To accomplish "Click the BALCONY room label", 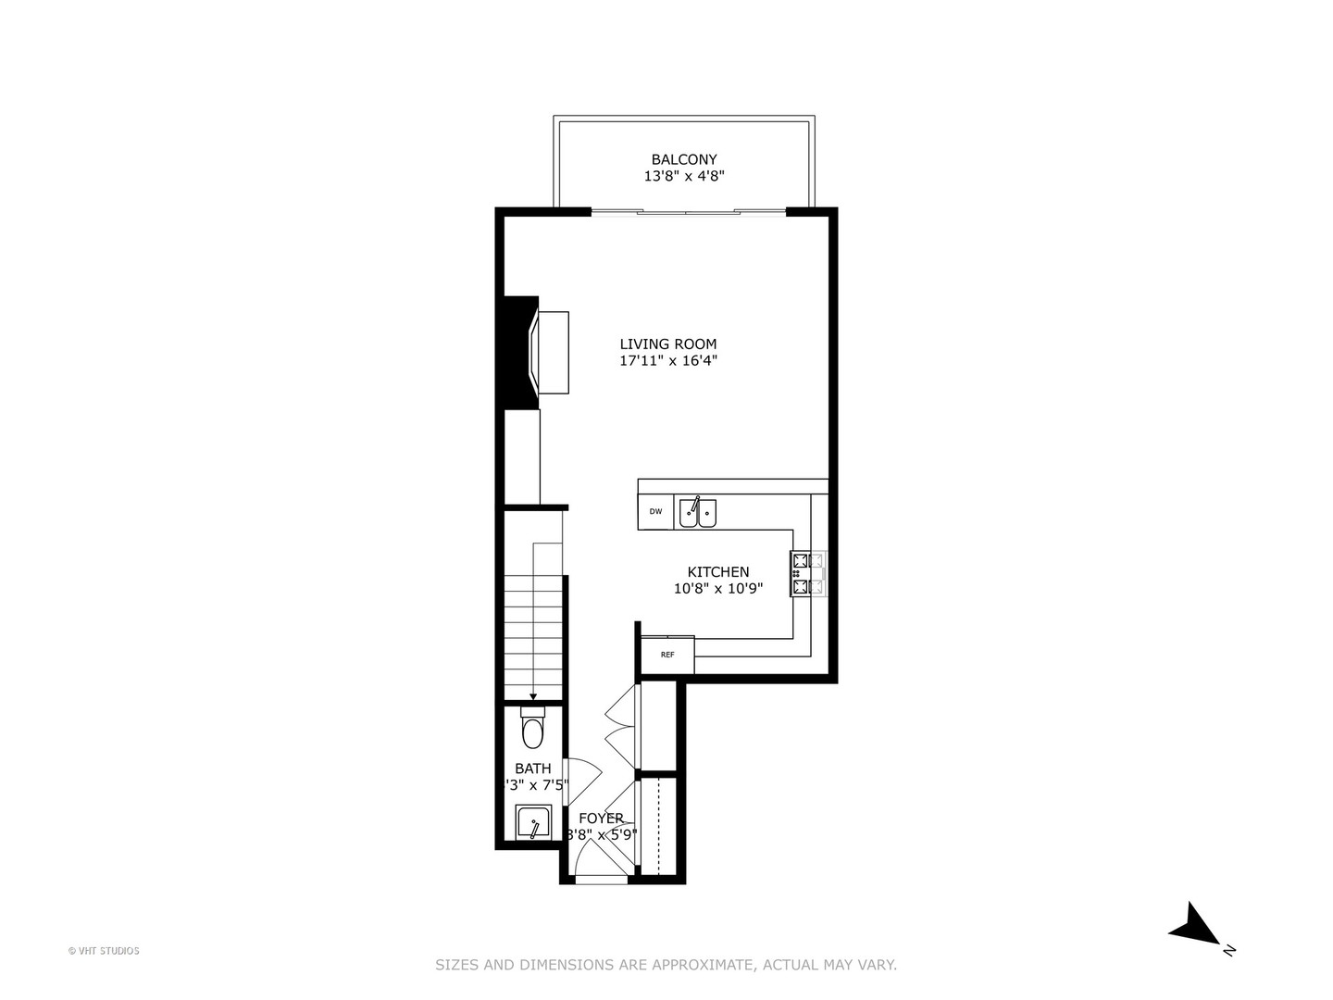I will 683,159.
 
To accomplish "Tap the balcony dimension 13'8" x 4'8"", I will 683,176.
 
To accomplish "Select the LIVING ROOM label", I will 667,344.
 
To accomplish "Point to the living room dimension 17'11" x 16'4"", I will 668,361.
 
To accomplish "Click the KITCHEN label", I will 717,572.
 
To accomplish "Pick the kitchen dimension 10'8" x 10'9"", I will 717,588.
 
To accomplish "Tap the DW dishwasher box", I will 655,512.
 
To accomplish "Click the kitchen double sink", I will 698,512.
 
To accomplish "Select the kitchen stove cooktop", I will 808,573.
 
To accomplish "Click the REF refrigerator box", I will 667,655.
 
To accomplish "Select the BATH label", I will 532,769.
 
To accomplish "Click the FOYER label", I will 601,819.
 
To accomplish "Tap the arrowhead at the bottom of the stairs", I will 533,696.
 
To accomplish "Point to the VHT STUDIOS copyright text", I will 104,951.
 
